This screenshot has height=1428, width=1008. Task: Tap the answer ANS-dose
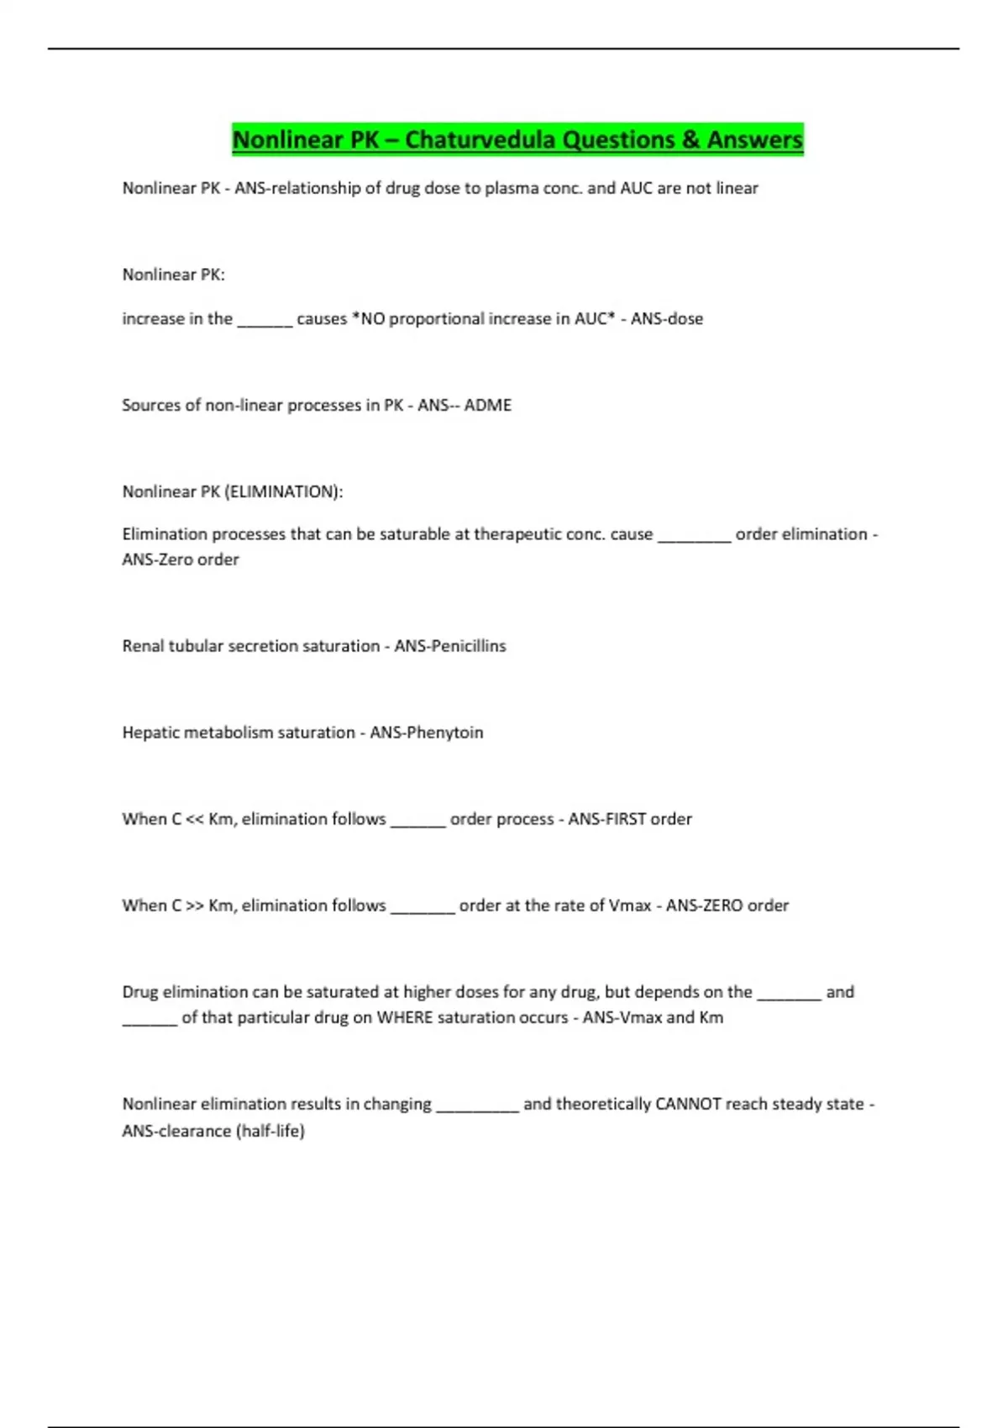point(667,319)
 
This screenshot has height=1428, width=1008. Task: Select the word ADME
point(488,405)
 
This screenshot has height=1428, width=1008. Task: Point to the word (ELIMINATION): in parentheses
point(284,491)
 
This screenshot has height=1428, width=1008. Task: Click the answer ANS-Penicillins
point(450,646)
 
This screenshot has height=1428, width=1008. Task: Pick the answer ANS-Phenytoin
point(427,732)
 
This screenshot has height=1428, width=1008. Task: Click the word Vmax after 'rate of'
point(629,906)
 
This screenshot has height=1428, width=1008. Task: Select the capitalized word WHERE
point(404,1017)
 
